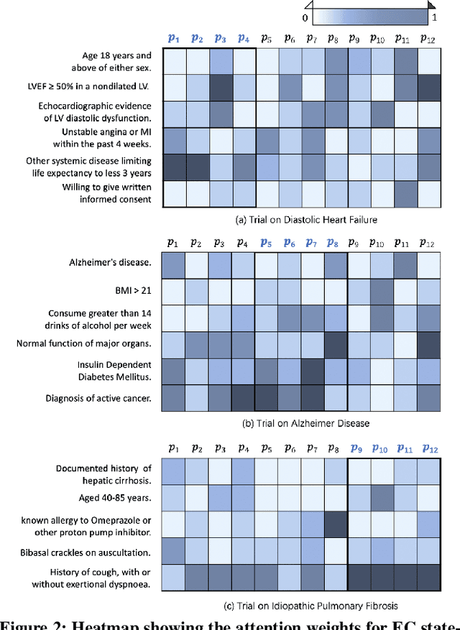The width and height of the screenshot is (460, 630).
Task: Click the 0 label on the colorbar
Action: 305,17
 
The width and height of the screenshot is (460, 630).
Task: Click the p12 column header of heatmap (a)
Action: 428,39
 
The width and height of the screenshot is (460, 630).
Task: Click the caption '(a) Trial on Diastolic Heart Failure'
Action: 301,220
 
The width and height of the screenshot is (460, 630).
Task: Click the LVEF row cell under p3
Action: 220,88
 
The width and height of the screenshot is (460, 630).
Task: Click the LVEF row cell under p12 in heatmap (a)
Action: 428,88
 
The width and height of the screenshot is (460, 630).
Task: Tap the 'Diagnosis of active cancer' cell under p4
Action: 243,398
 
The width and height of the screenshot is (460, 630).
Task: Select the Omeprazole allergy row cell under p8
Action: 336,524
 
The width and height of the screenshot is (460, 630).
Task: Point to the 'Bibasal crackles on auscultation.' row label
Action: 85,552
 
